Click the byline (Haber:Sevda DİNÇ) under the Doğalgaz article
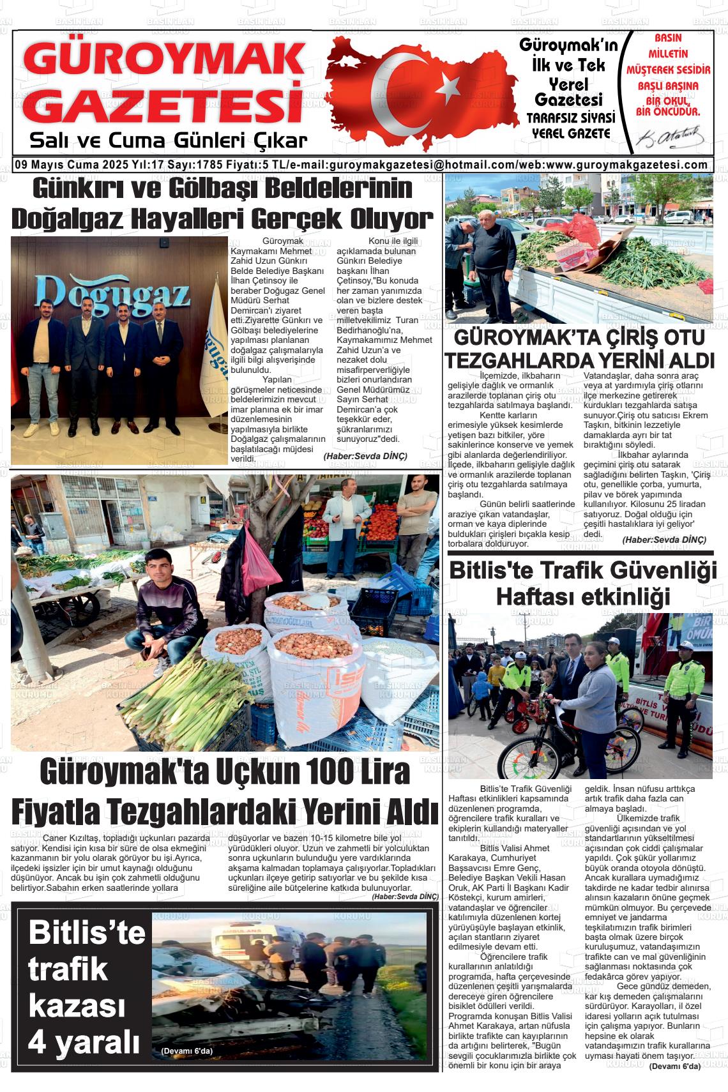[365, 456]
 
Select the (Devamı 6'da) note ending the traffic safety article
[674, 1066]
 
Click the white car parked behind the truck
[678, 217]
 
